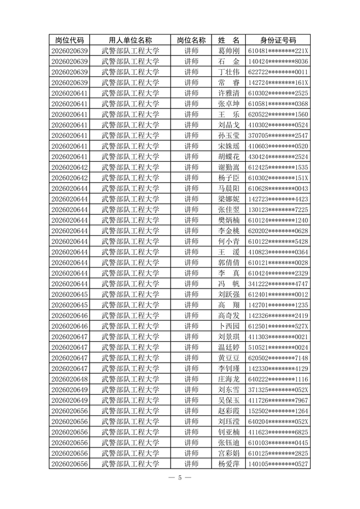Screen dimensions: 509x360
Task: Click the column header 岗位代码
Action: (70, 40)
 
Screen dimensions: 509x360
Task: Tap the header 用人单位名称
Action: (131, 40)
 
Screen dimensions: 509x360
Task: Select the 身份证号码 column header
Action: (278, 40)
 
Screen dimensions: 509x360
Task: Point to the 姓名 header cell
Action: (228, 40)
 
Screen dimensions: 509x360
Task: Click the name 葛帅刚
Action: (228, 51)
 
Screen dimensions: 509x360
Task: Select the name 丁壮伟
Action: (228, 72)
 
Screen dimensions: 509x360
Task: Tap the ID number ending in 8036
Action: (278, 61)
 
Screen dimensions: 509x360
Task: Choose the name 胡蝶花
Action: (228, 157)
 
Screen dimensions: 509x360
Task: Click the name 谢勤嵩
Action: (228, 167)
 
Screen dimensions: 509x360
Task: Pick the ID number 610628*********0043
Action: (278, 188)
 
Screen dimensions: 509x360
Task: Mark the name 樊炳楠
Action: (228, 220)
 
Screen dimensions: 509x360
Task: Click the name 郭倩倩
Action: (228, 263)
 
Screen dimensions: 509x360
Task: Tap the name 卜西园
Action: (228, 326)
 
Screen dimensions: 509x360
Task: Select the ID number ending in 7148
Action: (278, 358)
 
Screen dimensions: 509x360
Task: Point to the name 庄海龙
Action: (228, 379)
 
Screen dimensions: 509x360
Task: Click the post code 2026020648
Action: (70, 379)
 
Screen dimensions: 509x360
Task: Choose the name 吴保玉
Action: (228, 400)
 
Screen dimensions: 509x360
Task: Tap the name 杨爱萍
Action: (228, 464)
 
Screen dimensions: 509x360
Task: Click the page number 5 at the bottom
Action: (180, 478)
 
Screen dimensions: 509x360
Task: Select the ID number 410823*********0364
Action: (278, 252)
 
